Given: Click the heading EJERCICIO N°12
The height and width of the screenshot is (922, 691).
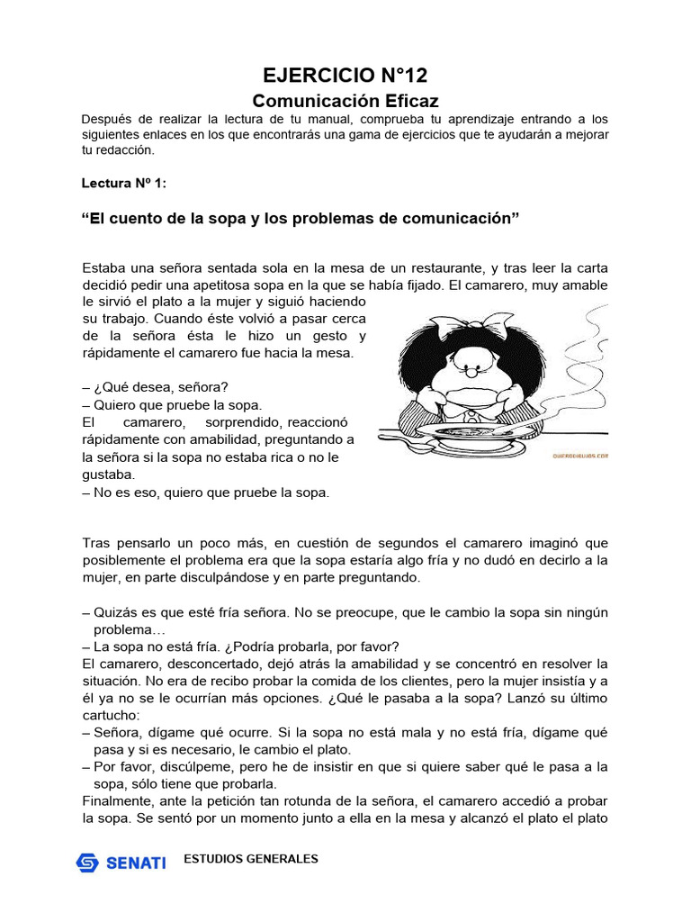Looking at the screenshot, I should coord(345,75).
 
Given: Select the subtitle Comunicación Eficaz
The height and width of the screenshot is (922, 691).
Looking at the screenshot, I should coord(345,101).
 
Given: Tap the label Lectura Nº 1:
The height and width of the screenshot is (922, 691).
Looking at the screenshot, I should coord(123,183).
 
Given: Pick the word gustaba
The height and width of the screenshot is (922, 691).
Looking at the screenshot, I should coord(108,475).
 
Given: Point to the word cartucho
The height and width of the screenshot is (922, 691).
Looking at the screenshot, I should coord(110,715).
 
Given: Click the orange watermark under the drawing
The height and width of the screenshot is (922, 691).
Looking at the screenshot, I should coord(580,456).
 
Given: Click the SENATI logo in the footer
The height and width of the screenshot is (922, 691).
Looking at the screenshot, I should coord(121,862).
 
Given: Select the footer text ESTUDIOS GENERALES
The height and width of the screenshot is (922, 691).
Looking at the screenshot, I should coord(250,859).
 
